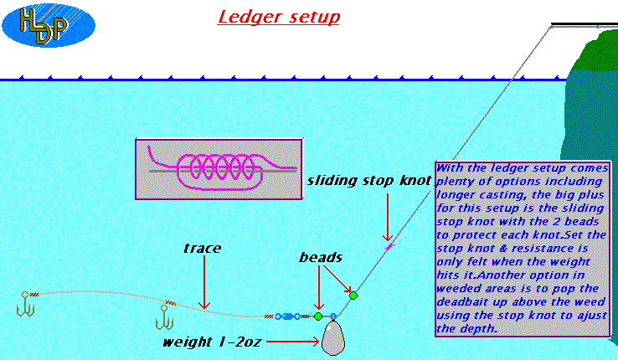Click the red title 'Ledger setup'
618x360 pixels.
tap(279, 17)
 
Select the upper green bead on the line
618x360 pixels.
tap(353, 295)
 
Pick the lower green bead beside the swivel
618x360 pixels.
tap(318, 316)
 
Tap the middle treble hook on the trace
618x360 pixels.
tap(164, 318)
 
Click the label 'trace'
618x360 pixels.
tap(201, 248)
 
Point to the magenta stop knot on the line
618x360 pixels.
tap(388, 246)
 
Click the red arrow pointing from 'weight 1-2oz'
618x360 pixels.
tap(295, 342)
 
